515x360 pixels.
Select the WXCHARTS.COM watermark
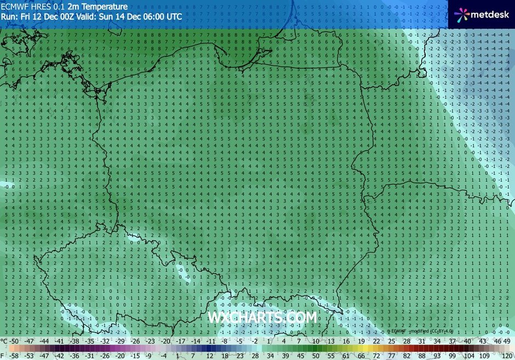262,317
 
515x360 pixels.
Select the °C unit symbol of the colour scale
4,341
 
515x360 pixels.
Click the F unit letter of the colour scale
3,355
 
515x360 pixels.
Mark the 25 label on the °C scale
391,341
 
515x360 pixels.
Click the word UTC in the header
174,16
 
